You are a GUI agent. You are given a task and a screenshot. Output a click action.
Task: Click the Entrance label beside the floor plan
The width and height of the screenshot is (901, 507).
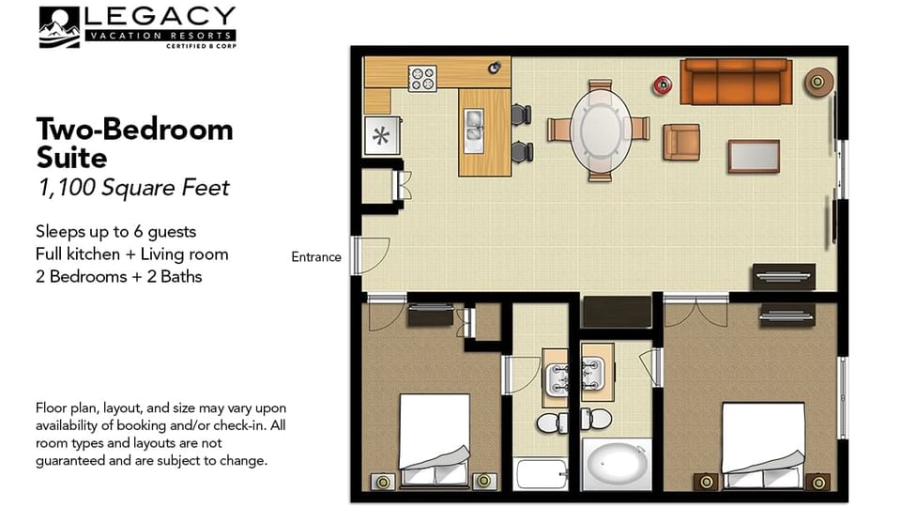click(x=316, y=257)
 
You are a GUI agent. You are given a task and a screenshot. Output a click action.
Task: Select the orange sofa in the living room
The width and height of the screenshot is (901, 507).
click(x=735, y=82)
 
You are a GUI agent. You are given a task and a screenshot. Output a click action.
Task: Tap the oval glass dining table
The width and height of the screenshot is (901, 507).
click(x=600, y=129)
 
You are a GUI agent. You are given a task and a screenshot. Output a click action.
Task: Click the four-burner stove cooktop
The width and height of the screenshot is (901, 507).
click(x=422, y=77)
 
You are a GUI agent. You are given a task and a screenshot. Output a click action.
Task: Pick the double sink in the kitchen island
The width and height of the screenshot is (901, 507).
click(x=475, y=129)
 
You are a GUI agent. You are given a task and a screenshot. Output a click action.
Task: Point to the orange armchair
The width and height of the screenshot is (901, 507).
click(x=680, y=142)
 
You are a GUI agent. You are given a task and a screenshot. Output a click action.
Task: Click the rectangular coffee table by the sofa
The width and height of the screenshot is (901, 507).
click(x=754, y=156)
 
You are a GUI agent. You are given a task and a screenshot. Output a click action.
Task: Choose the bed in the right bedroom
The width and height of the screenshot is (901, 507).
click(x=762, y=444)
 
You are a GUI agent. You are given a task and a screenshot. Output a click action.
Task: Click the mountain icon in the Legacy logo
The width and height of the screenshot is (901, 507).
click(x=59, y=27)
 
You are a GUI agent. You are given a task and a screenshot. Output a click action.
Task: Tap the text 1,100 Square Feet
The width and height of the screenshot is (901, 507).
click(x=132, y=188)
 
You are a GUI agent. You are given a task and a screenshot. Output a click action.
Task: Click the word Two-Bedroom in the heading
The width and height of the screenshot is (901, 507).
click(x=134, y=129)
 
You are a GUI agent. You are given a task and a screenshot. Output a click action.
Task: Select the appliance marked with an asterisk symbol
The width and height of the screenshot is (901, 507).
click(x=381, y=136)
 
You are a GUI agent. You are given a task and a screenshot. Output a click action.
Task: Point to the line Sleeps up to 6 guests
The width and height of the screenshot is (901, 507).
click(x=115, y=231)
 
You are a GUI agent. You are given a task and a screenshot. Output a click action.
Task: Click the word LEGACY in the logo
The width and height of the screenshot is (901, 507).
click(x=160, y=17)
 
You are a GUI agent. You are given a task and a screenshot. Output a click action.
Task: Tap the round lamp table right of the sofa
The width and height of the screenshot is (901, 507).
click(x=818, y=83)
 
